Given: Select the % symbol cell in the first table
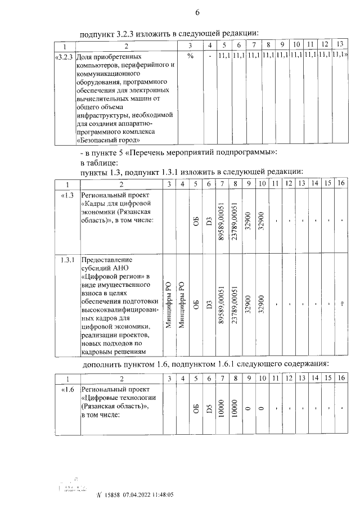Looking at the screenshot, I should tap(190, 57).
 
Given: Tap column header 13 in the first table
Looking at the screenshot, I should tap(339, 44).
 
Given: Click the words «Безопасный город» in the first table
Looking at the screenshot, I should tap(108, 140).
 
